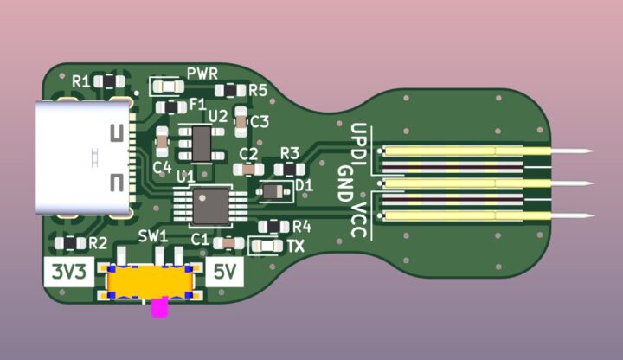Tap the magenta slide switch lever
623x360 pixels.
(160, 306)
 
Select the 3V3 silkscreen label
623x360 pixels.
(69, 272)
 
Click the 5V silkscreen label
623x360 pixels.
(224, 272)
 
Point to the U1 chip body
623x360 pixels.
(210, 206)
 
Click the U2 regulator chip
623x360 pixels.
(202, 144)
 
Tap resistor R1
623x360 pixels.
(109, 81)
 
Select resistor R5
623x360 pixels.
(230, 91)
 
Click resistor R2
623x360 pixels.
(70, 243)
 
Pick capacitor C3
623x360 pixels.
(241, 122)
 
